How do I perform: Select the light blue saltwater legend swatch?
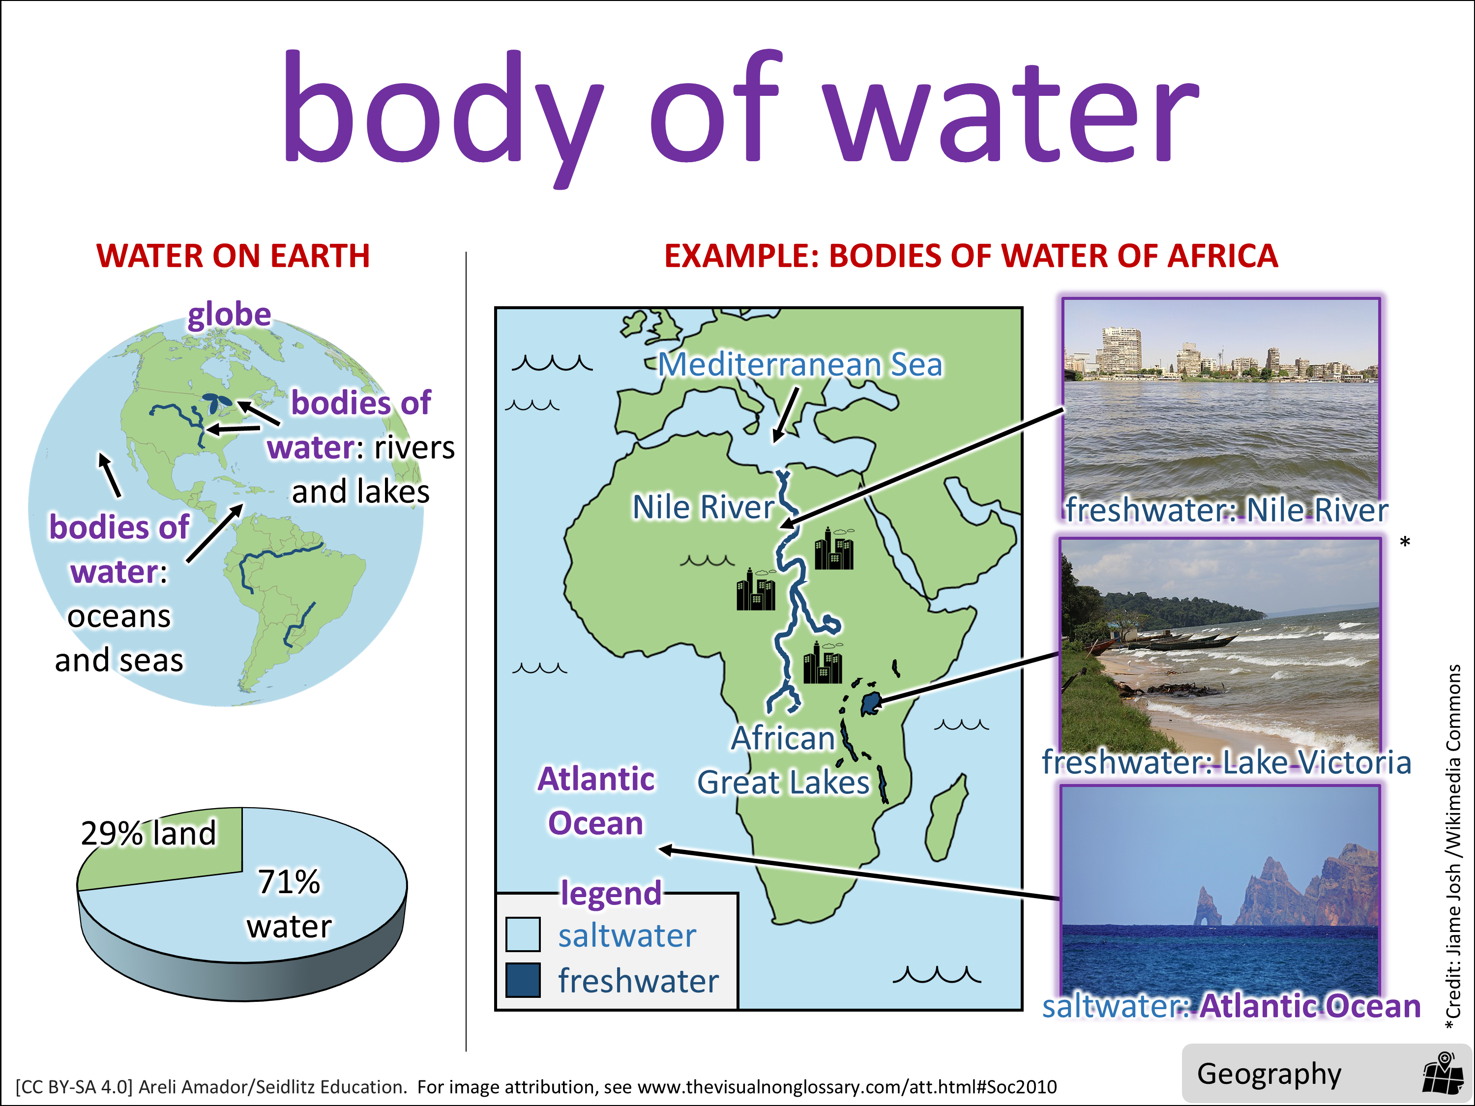523,934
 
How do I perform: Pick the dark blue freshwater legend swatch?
523,980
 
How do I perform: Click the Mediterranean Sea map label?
800,365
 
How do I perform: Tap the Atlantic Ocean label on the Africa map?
596,801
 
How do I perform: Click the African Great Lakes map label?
784,760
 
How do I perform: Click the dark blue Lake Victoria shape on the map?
870,703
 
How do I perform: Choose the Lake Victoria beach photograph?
1220,647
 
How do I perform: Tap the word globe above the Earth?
230,315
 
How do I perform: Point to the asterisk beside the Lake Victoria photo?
1405,543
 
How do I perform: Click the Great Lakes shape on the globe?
217,402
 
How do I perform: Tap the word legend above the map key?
611,893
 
